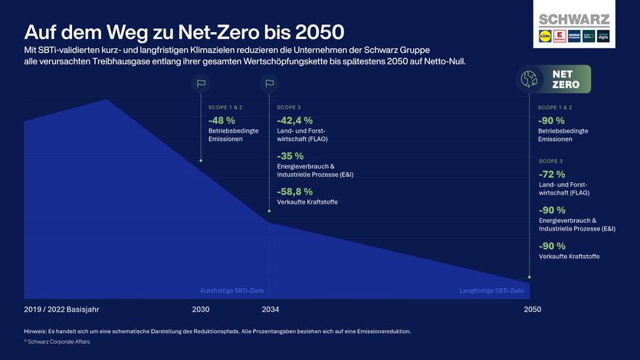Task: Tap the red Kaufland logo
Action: (x=560, y=36)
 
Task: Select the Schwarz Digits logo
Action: (x=603, y=36)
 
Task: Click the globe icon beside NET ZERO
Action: (x=529, y=78)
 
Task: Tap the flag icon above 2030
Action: (x=201, y=84)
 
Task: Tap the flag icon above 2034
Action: (x=269, y=84)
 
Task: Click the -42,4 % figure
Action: (x=294, y=120)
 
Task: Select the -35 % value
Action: (x=290, y=155)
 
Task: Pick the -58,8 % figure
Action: (x=294, y=191)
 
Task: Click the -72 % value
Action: (x=551, y=174)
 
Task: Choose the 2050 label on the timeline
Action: (x=532, y=309)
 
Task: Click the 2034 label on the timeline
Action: (x=270, y=309)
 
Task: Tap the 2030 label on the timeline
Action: (x=201, y=309)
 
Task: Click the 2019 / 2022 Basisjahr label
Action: (x=62, y=309)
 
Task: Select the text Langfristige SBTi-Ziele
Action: (x=491, y=291)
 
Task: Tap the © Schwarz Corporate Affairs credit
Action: (x=57, y=342)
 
